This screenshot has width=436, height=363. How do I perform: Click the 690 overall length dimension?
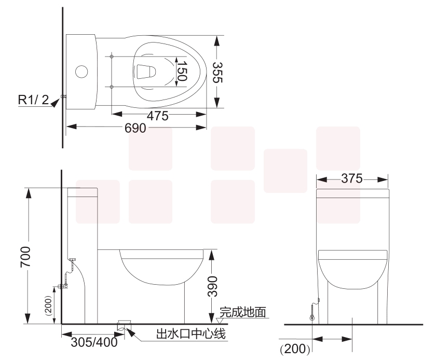[135, 128]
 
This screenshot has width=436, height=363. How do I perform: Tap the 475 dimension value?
[158, 116]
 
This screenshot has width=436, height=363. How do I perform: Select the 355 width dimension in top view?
[217, 73]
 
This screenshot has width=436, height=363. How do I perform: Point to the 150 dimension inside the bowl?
[182, 71]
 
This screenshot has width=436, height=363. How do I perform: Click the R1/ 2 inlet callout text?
[33, 100]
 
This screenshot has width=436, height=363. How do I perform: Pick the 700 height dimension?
[25, 257]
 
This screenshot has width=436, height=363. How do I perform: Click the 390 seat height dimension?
[212, 286]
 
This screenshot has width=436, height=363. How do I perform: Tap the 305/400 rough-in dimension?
[94, 342]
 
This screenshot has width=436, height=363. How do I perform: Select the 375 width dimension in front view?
[352, 178]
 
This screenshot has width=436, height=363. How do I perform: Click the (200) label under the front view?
[295, 349]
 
